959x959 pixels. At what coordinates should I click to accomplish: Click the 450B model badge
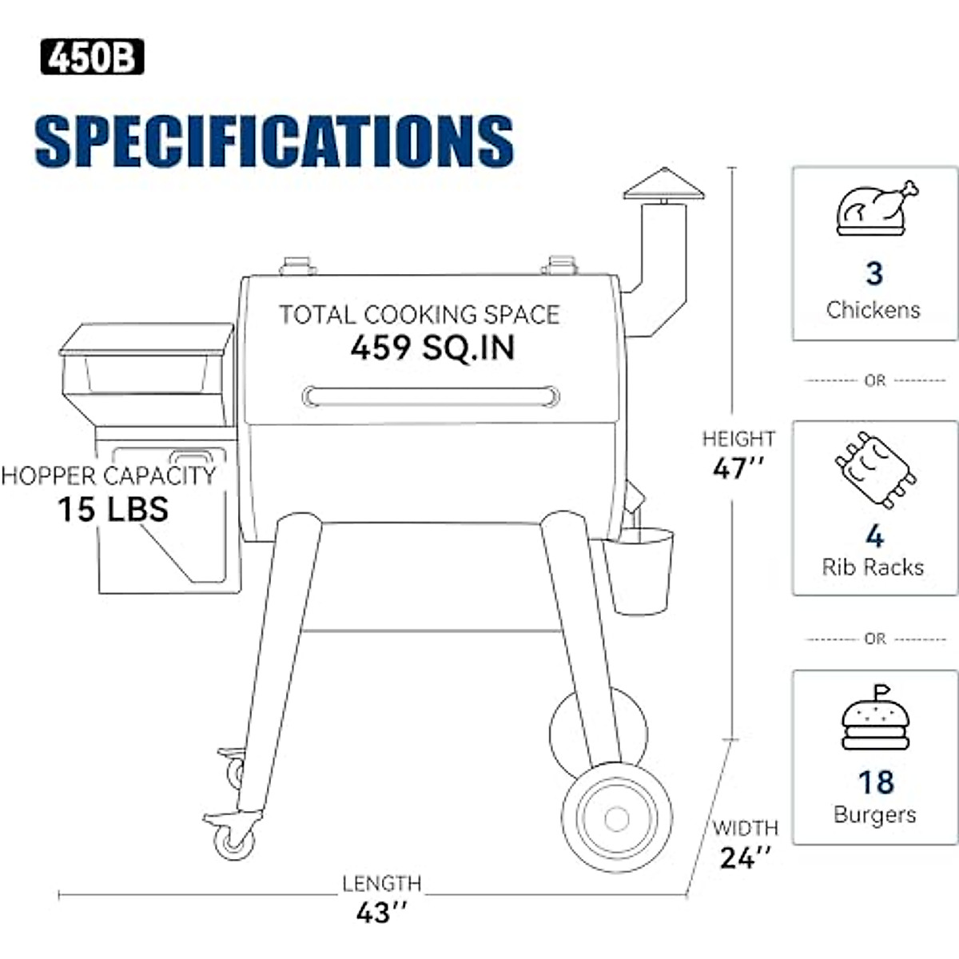(92, 58)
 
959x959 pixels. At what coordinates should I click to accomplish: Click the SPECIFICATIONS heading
(274, 141)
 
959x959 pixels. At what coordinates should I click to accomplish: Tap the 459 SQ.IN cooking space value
(432, 348)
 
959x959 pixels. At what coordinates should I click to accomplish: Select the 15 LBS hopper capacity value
(113, 509)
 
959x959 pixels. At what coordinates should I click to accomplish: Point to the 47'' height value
(738, 468)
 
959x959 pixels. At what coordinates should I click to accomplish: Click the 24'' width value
(745, 858)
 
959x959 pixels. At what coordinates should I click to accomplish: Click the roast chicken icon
(875, 209)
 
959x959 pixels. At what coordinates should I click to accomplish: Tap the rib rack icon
(874, 469)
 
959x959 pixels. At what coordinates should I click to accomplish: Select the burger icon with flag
(875, 719)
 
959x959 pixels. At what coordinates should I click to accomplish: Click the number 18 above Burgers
(876, 782)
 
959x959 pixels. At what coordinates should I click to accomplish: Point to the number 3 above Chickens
(874, 273)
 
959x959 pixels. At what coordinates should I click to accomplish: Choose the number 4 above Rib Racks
(874, 535)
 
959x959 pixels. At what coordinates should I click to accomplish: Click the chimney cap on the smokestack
(663, 185)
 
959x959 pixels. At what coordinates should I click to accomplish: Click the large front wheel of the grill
(616, 819)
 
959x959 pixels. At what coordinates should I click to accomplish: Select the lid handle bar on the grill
(431, 396)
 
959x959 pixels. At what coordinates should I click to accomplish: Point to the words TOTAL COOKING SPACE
(420, 314)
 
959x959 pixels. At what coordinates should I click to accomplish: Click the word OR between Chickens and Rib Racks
(875, 381)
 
